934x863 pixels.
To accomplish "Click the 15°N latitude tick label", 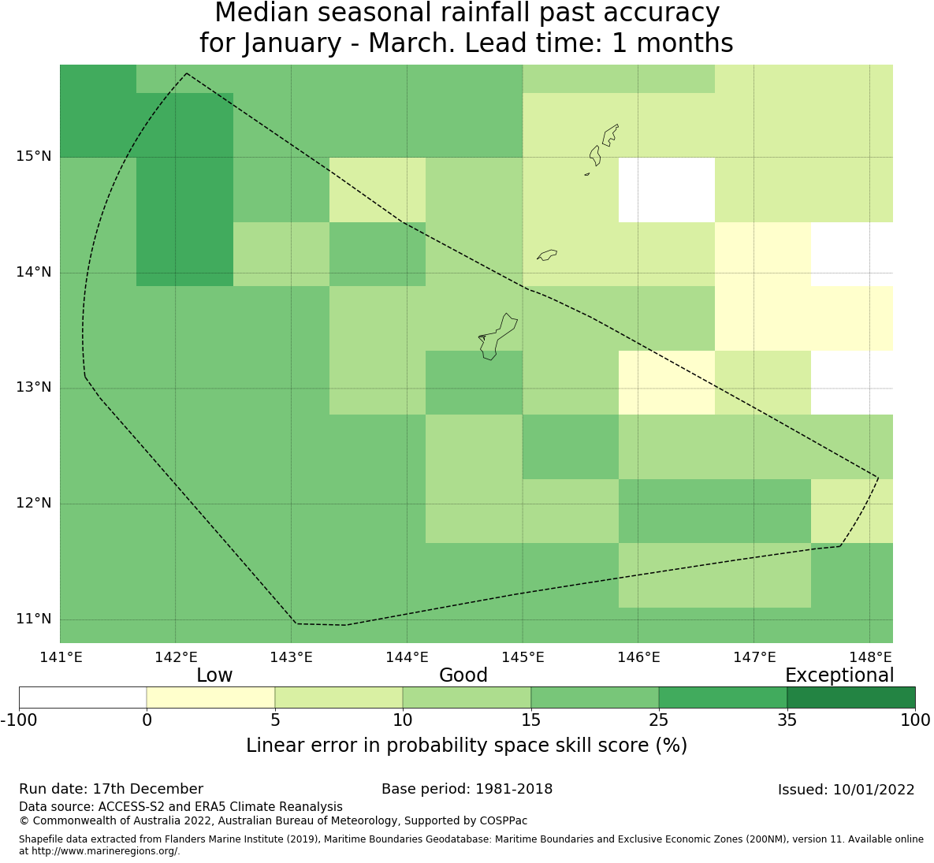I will click(x=34, y=156).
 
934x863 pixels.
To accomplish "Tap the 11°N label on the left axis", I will click(x=34, y=619).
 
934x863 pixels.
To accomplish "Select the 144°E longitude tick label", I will click(x=407, y=657).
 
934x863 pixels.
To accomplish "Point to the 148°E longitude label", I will click(x=869, y=657).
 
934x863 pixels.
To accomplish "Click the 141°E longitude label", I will click(x=61, y=657).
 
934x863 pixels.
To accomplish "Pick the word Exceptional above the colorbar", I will click(x=839, y=675).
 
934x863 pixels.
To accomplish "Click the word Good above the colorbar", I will click(x=463, y=675).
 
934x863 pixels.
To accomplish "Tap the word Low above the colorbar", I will click(x=214, y=675).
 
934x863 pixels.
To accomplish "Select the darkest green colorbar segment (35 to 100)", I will click(x=850, y=697).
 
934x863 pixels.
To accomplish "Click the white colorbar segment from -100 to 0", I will click(x=83, y=697).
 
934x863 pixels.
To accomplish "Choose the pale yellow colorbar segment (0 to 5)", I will click(x=210, y=697).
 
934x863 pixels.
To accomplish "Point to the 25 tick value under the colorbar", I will click(x=659, y=720).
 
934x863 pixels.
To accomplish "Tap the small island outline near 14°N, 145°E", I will click(x=547, y=255).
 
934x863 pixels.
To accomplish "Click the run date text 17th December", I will click(x=147, y=789).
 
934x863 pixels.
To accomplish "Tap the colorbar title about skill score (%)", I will click(x=467, y=746).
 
